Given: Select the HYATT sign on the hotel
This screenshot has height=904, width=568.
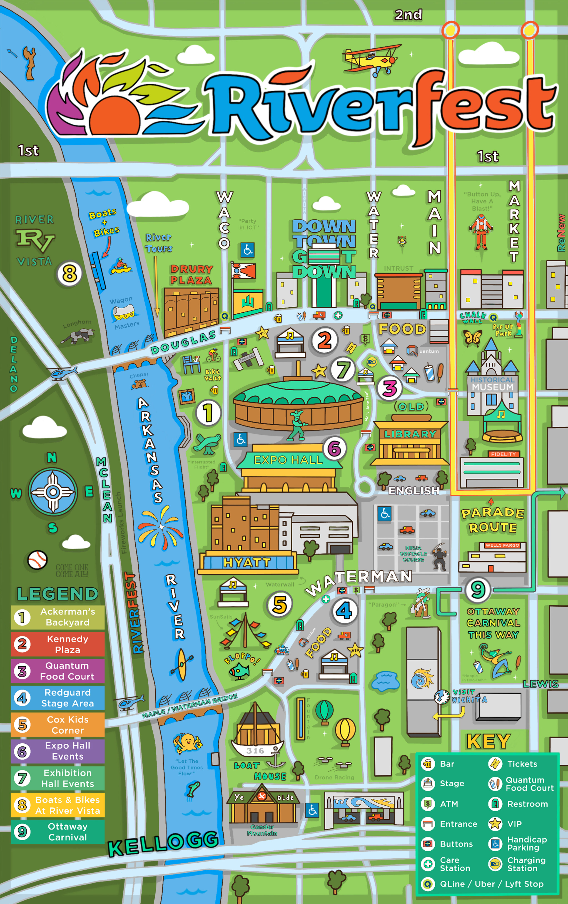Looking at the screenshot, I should (x=247, y=562).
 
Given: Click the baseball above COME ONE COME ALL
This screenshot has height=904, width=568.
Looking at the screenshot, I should (x=37, y=560).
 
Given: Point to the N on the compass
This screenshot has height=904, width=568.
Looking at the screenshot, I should (x=52, y=457).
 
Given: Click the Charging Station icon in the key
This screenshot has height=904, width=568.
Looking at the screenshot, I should (x=495, y=864).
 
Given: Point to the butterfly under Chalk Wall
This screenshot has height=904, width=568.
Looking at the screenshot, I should (x=472, y=338).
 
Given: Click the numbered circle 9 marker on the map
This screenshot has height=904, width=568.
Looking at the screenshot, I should (x=478, y=589).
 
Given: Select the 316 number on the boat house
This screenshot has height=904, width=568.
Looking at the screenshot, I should (x=255, y=750).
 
